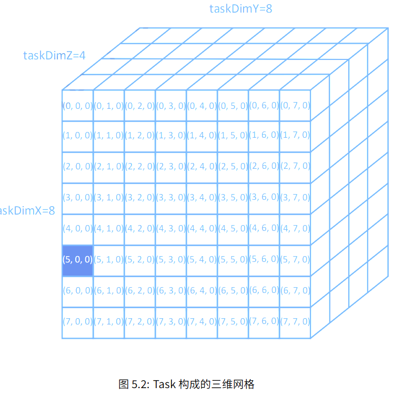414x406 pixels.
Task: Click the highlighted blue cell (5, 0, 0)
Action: pos(78,260)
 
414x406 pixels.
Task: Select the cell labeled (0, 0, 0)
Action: pos(78,105)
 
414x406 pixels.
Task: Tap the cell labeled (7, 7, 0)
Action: pos(295,322)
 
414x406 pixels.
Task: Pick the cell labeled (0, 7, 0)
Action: pos(295,105)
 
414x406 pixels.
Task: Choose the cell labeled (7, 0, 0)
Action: pos(78,322)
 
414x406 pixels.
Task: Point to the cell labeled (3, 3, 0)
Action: pos(171,198)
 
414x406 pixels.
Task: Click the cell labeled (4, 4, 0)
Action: pos(202,229)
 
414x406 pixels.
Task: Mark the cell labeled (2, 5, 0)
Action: pos(233,167)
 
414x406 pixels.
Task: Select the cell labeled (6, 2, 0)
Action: pos(140,291)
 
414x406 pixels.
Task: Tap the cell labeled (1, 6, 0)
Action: pos(264,136)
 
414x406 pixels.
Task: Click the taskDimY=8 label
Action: pos(240,8)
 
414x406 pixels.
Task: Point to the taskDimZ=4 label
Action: pos(54,55)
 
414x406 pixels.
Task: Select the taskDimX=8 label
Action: pos(27,211)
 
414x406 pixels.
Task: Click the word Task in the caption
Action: pos(166,384)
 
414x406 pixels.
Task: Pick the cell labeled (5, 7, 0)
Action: pos(295,260)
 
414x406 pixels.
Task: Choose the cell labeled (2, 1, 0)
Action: pos(109,167)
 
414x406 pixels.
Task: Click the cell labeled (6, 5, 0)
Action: pos(233,291)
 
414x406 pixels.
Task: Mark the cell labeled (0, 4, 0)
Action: pos(202,105)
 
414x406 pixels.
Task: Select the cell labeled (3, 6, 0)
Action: pos(264,198)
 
